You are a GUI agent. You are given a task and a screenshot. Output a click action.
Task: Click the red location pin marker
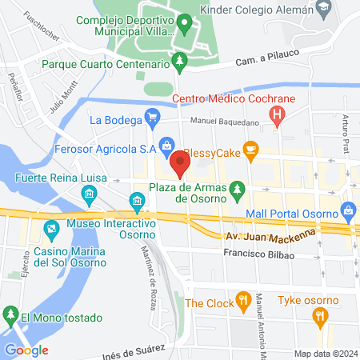click(x=179, y=165)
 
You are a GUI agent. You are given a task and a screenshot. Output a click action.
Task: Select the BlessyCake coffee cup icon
click(x=250, y=148)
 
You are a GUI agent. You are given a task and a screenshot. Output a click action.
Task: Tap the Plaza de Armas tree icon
click(x=237, y=189)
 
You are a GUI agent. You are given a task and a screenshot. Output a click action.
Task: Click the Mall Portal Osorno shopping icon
click(x=347, y=211)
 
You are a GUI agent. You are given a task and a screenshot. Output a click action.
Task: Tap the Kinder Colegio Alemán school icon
click(x=323, y=10)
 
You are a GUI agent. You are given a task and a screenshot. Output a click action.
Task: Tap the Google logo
click(x=26, y=350)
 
